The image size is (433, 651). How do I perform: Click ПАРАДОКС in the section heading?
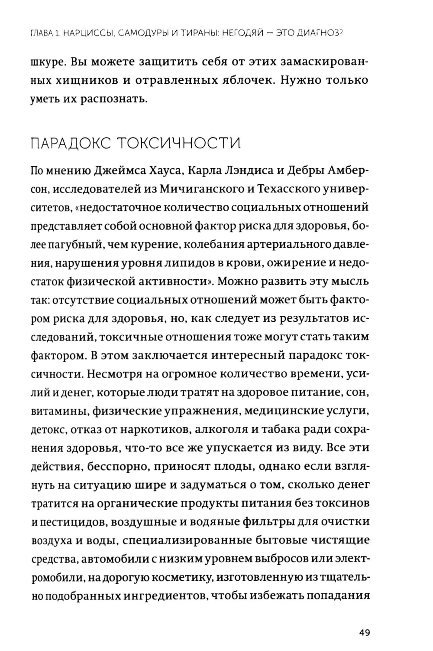[x=69, y=144]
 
